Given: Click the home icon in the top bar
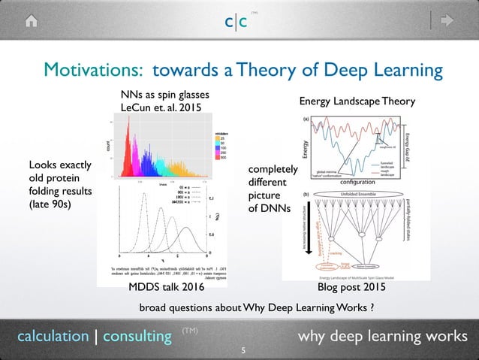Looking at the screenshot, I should point(32,22).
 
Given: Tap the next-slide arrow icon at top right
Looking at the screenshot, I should point(448,22).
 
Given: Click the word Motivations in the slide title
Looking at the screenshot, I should point(95,71).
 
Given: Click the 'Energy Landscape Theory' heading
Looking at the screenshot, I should point(357,101).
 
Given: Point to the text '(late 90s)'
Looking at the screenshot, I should point(50,204).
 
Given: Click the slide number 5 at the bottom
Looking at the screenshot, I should point(241,350).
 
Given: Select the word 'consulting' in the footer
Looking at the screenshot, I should point(137,336).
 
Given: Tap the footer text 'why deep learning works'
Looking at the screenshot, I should point(382,335).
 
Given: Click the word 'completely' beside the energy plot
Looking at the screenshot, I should point(273,171).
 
